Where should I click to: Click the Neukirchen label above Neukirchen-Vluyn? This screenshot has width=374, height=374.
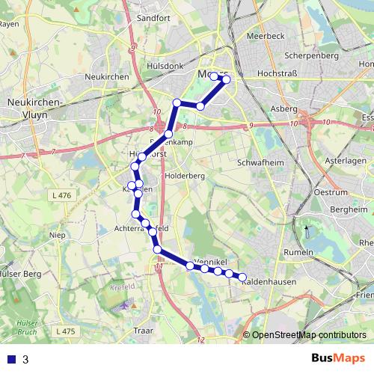(108, 77)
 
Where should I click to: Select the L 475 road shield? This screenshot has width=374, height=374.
(65, 330)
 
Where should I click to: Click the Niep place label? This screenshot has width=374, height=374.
(57, 234)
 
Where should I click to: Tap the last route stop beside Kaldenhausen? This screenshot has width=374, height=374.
(242, 278)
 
